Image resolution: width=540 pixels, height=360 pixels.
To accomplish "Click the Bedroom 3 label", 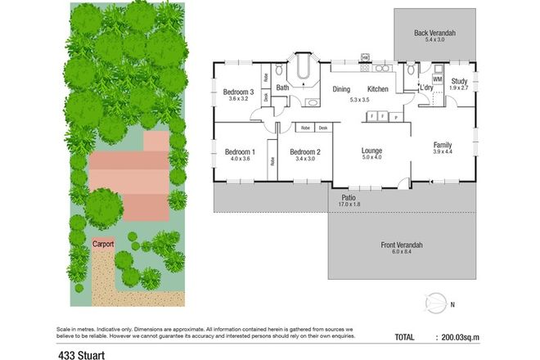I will (x=237, y=92).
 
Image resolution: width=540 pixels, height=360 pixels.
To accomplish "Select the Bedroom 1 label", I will (x=240, y=152).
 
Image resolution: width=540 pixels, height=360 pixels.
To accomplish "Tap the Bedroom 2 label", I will (x=304, y=152).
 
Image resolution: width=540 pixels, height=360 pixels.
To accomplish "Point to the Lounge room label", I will (x=372, y=151).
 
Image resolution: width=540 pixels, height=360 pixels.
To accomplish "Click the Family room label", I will (x=442, y=146).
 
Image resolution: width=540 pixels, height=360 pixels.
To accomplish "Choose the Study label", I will (x=460, y=81).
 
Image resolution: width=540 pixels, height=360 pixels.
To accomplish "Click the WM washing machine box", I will (x=437, y=79).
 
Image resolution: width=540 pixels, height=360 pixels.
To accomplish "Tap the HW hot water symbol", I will (x=365, y=57).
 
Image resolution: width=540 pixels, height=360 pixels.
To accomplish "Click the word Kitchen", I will (x=377, y=88).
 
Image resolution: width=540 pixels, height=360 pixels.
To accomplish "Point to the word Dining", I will (x=341, y=88).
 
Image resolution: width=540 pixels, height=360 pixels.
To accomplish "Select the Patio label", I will (x=348, y=197).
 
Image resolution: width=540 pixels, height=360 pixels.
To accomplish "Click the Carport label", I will (x=102, y=244).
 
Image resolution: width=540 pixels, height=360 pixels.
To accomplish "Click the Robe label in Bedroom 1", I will (x=272, y=160).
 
